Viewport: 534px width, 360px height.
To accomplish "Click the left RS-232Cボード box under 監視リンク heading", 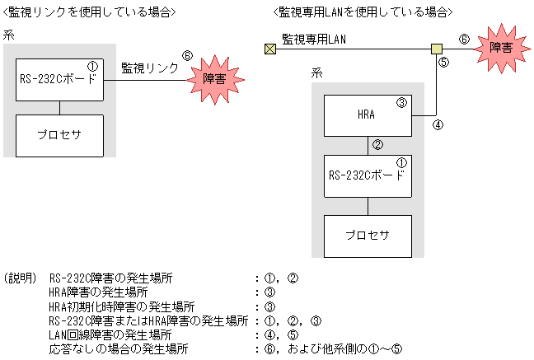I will coord(59,79).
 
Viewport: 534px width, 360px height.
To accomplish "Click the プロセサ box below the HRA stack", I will coord(367,236).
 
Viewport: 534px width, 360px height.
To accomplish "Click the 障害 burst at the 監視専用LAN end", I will coord(500,47).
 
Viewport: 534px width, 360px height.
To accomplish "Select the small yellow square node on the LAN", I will coord(436,49).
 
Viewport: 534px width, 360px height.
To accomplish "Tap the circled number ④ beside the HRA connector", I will coord(438,127).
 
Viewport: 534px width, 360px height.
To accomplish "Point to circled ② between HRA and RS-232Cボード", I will coord(378,145).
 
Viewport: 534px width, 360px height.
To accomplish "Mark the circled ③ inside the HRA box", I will coord(401,103).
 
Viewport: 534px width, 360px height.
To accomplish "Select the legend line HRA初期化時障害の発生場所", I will coord(121,306).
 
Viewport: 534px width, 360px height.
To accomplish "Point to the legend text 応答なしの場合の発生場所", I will coord(119,348).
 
